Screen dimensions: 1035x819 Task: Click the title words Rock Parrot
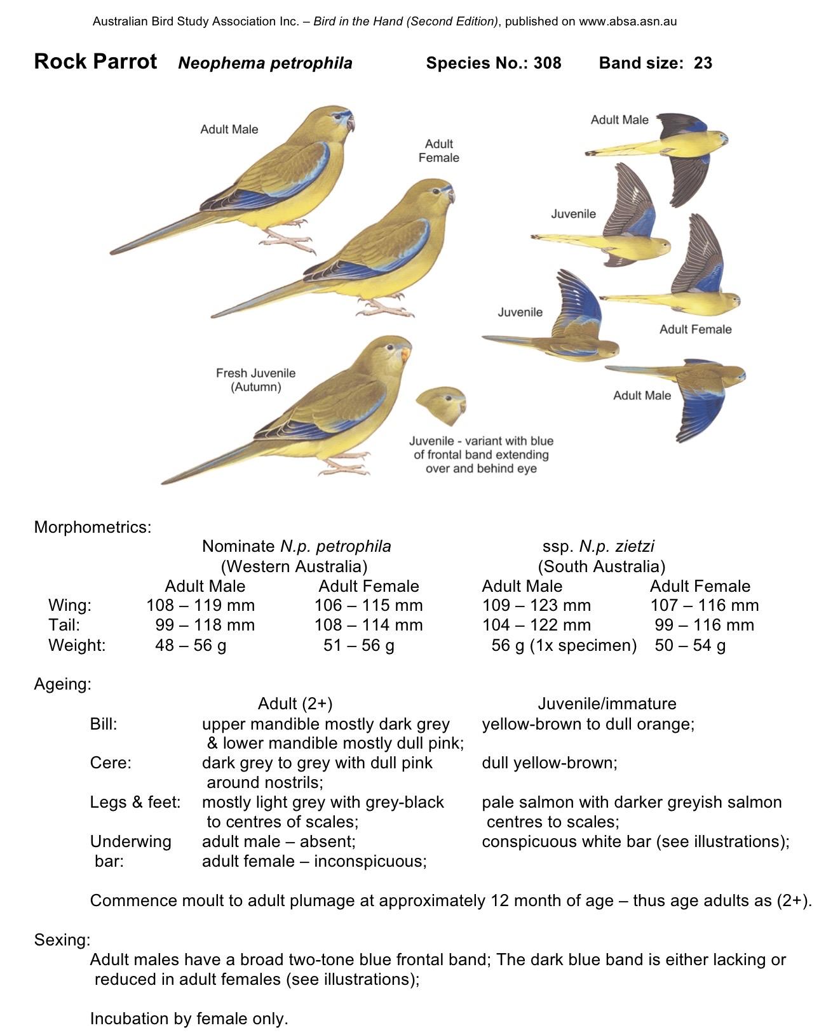[95, 62]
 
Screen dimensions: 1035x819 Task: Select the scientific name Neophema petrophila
[265, 63]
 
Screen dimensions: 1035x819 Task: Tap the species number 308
[547, 63]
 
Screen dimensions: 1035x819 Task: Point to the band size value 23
[703, 63]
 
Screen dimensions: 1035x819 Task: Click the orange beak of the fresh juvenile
[405, 353]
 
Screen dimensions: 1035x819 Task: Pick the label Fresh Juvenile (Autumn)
[255, 380]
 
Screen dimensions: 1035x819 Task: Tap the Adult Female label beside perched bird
[438, 150]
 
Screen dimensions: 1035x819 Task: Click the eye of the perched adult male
[340, 119]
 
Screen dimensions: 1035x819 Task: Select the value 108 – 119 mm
[200, 605]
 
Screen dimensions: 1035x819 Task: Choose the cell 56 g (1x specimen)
[564, 645]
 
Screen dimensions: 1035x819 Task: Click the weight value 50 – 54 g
[690, 645]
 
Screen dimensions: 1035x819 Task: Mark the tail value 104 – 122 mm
[536, 625]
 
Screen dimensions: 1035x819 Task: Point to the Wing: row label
[70, 605]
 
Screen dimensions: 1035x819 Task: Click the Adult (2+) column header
[295, 704]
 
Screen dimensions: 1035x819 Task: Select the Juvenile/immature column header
[607, 704]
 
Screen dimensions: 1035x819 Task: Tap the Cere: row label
[111, 763]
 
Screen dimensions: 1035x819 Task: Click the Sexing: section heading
[62, 939]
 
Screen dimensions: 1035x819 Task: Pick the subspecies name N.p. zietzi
[616, 546]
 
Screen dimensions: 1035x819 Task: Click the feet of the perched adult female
[384, 309]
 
